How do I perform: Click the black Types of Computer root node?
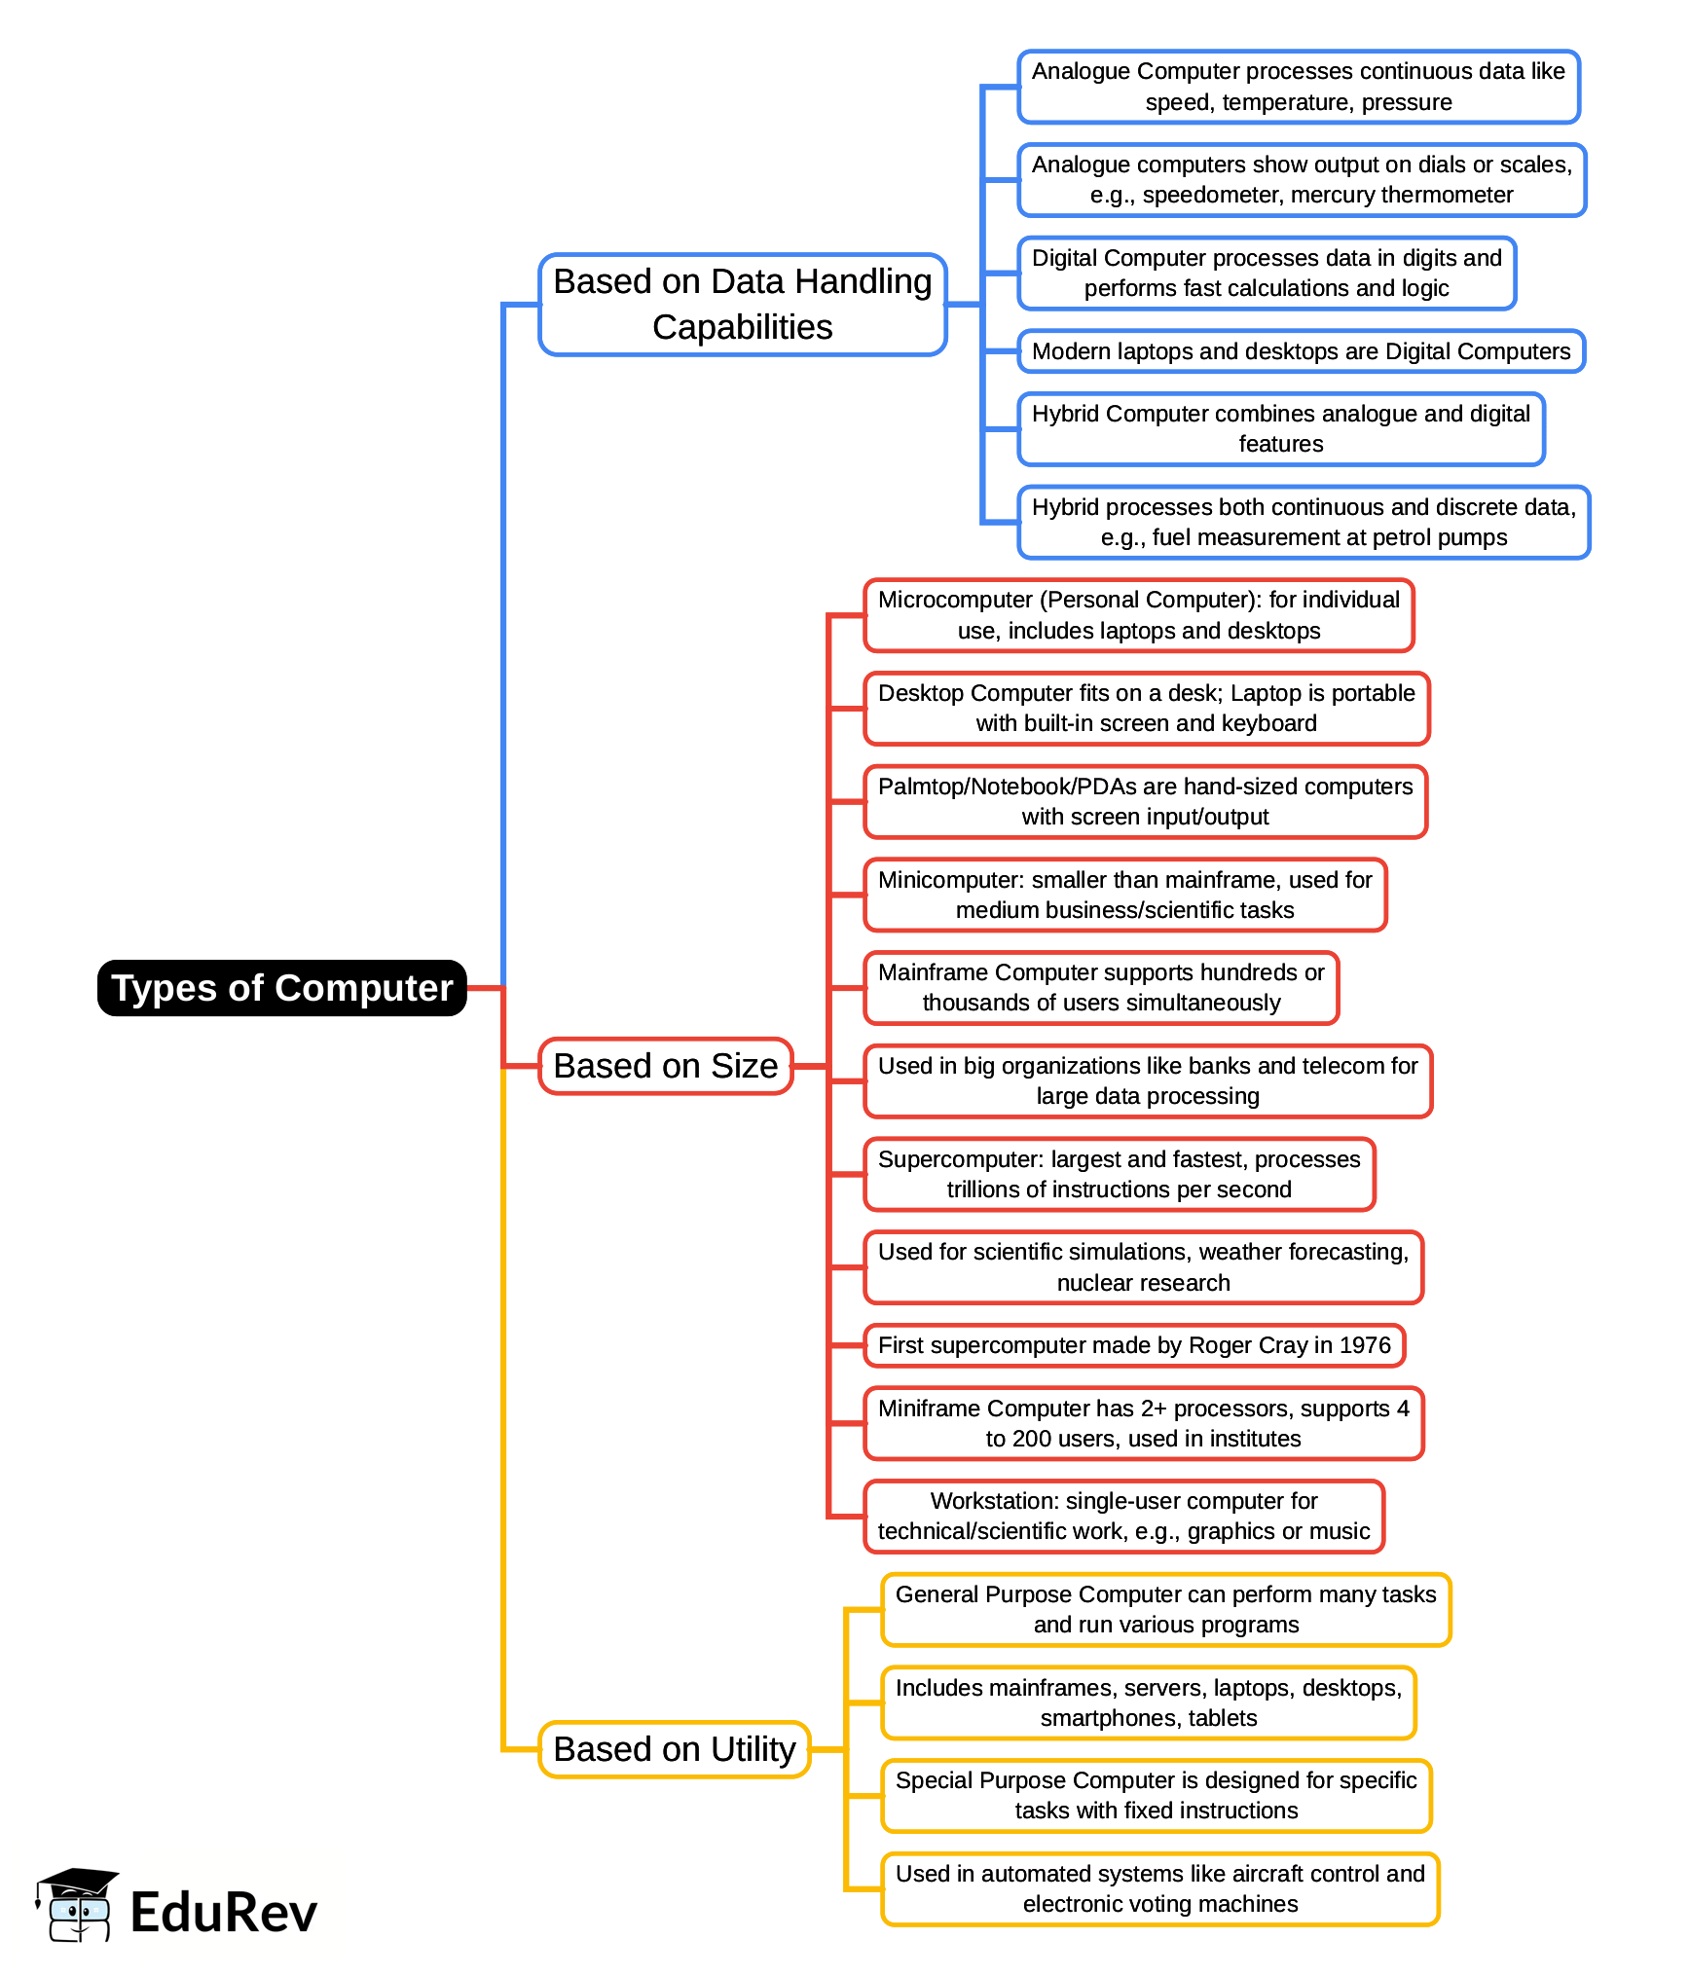(x=282, y=988)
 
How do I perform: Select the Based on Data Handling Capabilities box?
(x=742, y=305)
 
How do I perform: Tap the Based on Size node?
(x=666, y=1066)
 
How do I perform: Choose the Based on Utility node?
(x=674, y=1749)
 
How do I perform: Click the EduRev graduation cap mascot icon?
(x=77, y=1905)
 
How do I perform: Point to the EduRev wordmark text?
(x=224, y=1912)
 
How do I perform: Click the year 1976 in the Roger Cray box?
(x=1365, y=1345)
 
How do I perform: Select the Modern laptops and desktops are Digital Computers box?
(x=1301, y=351)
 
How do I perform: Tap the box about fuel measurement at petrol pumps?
(x=1304, y=523)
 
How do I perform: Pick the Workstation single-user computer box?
(x=1123, y=1517)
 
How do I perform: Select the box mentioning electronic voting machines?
(x=1159, y=1889)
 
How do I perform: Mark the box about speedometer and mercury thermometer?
(x=1302, y=180)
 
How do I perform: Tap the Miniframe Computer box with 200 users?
(x=1143, y=1423)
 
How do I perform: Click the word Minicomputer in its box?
(x=950, y=880)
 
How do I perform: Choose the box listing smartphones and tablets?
(x=1149, y=1703)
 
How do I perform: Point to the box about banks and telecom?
(x=1148, y=1081)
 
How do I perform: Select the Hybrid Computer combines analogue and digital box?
(x=1280, y=429)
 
